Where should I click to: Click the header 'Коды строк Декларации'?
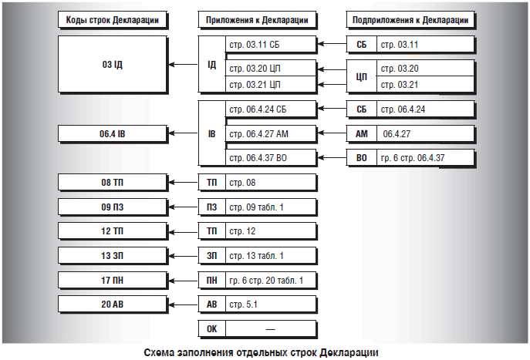113,19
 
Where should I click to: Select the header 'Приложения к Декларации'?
257,19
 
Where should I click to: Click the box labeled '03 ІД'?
113,64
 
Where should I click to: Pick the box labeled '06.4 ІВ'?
113,134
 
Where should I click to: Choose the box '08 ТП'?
113,183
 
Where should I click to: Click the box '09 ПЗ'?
113,207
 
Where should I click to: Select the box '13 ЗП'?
113,255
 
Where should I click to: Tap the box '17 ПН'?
113,279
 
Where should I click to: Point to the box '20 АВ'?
113,304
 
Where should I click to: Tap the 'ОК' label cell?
211,328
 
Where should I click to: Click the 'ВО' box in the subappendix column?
361,158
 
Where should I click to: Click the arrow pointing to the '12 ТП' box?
183,231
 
